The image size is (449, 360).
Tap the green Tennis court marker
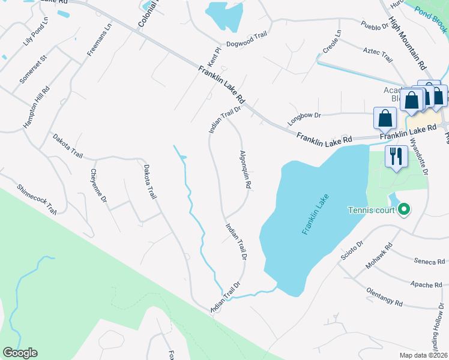[405, 209]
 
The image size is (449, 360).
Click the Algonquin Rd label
[245, 170]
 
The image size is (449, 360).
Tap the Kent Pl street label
[213, 58]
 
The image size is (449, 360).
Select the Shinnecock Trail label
[37, 199]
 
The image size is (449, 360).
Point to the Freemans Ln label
[100, 40]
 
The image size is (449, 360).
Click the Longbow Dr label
[304, 116]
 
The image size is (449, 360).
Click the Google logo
[20, 353]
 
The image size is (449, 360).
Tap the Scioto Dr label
[352, 253]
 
